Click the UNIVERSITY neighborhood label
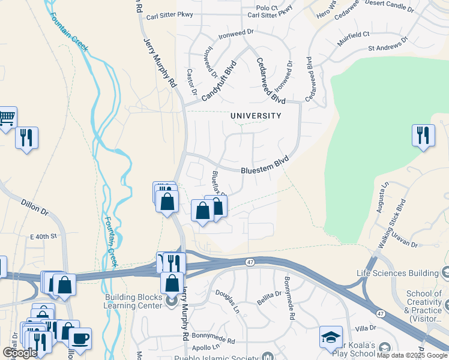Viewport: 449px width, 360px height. point(256,116)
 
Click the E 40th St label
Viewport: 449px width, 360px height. point(43,236)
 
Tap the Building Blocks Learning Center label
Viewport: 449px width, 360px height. point(134,301)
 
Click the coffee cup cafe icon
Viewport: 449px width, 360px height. point(80,338)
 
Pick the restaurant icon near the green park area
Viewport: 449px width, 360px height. point(423,134)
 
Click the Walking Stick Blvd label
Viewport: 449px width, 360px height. point(391,221)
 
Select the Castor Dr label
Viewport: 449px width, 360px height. point(191,82)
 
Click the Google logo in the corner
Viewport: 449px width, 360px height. point(20,352)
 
